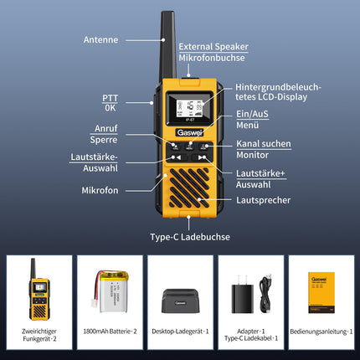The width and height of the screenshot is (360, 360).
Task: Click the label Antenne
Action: click(100, 39)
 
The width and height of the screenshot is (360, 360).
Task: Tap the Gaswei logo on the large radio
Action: click(189, 132)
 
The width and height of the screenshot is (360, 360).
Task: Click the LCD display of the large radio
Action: click(189, 108)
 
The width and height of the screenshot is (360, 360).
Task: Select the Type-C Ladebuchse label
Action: click(190, 237)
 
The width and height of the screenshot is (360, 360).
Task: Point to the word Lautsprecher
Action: click(264, 200)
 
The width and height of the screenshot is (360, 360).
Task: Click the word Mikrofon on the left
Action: click(100, 190)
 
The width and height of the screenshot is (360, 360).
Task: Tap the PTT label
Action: click(111, 98)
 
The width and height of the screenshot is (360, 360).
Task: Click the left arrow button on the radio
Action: click(177, 157)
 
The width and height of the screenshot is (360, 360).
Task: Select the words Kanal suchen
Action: click(264, 144)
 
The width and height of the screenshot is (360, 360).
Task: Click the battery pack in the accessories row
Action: click(111, 291)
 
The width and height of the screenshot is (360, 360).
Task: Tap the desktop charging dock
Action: click(181, 301)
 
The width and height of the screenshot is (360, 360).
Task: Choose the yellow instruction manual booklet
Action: click(321, 292)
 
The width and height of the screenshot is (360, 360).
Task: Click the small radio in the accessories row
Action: click(39, 289)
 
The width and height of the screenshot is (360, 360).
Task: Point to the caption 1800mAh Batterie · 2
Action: click(110, 332)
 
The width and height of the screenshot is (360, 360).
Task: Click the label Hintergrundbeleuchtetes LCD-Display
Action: click(278, 92)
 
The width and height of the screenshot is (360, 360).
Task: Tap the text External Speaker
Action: click(213, 47)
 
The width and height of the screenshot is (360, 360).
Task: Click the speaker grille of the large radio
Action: click(189, 188)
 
